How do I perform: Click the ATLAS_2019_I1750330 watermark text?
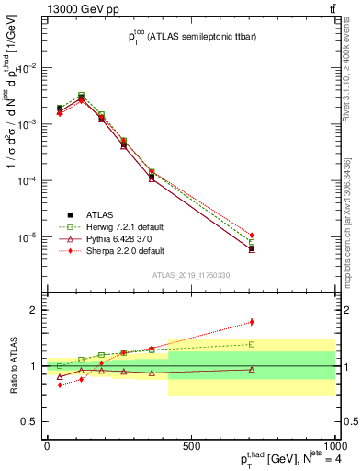tap(190, 275)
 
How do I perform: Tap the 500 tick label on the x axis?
tap(190, 445)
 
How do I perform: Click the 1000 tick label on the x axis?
tap(333, 445)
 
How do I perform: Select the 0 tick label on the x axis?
tap(47, 445)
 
